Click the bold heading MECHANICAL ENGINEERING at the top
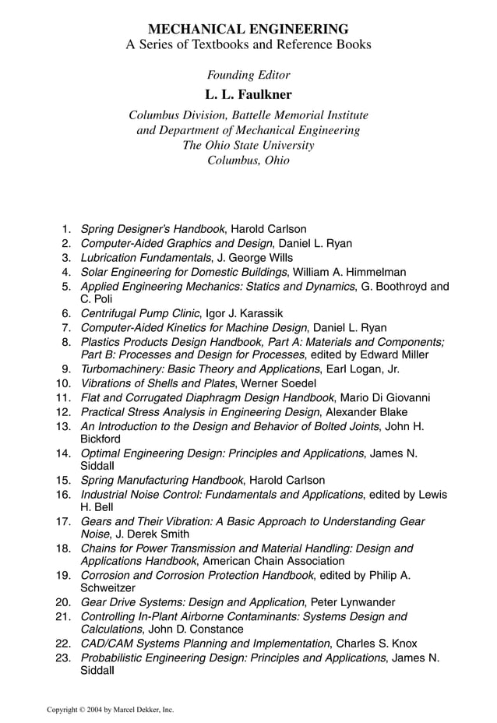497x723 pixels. click(x=248, y=29)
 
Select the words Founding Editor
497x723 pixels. click(x=248, y=76)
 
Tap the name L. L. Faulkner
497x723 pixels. click(x=248, y=95)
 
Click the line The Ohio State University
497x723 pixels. click(x=248, y=146)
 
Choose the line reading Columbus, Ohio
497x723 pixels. click(x=248, y=160)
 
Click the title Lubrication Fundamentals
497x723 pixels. click(x=146, y=258)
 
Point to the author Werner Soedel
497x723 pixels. click(x=279, y=383)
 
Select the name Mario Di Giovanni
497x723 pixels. click(x=386, y=397)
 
